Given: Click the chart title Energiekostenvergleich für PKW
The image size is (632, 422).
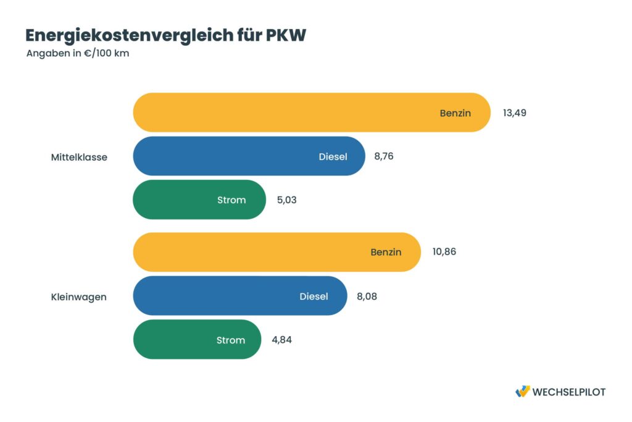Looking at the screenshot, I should click(165, 36).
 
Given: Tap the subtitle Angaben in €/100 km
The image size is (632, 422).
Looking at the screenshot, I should click(78, 53).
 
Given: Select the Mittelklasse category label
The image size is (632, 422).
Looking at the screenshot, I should click(79, 157).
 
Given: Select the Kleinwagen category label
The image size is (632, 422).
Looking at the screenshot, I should click(78, 297).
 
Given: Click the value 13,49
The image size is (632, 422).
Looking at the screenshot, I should click(514, 113).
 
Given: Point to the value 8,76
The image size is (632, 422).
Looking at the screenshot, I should click(383, 156).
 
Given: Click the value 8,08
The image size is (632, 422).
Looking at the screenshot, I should click(367, 296).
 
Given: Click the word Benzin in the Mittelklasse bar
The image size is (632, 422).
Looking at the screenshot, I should click(455, 113).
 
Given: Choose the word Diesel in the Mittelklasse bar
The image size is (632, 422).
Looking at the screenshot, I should click(333, 156).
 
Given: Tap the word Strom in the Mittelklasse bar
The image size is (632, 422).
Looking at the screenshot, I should click(231, 200).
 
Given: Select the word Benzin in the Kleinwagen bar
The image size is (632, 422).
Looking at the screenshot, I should click(386, 252).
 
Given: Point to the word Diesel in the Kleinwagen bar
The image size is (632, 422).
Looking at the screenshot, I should click(314, 296).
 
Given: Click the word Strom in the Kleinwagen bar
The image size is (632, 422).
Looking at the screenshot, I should click(230, 340).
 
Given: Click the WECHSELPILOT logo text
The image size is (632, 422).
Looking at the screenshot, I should click(568, 392).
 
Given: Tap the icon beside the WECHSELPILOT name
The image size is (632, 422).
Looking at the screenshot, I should click(522, 391).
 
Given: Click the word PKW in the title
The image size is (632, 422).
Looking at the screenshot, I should click(286, 36).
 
